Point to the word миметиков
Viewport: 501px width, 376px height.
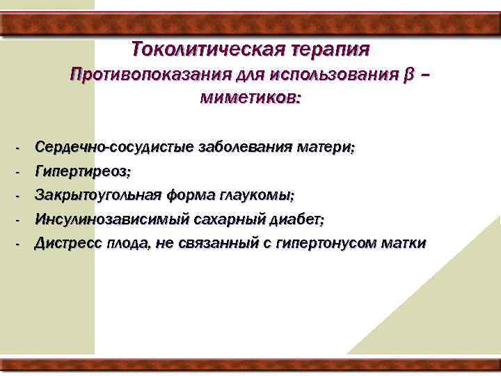pyautogui.click(x=250, y=98)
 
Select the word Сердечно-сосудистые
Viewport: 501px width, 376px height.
pyautogui.click(x=115, y=148)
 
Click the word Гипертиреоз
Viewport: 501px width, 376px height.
pyautogui.click(x=83, y=171)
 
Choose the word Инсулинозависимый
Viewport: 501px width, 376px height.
pyautogui.click(x=111, y=219)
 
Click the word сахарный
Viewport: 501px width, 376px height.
pyautogui.click(x=229, y=219)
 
